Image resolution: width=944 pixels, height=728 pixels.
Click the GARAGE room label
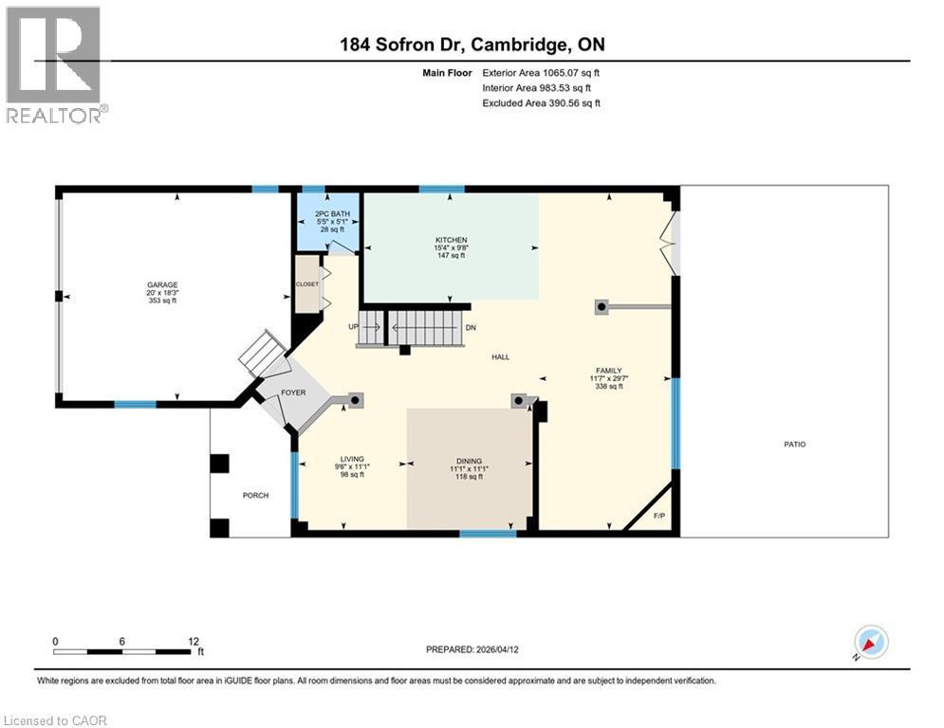tap(162, 284)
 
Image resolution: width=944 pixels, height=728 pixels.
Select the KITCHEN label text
tap(451, 240)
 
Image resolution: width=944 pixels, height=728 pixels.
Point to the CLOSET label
tap(306, 283)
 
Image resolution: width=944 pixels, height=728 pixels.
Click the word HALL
tap(500, 356)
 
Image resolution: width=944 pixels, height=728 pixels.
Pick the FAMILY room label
tap(608, 371)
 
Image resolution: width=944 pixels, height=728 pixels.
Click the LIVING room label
tap(352, 459)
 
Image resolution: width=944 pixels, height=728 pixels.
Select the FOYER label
tap(293, 391)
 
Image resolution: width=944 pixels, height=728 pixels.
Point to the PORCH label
tap(255, 496)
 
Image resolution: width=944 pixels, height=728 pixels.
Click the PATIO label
tap(794, 444)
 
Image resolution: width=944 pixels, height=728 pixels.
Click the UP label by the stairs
tap(354, 326)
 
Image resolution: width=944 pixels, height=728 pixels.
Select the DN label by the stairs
tap(470, 327)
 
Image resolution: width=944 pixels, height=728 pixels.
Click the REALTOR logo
tap(55, 64)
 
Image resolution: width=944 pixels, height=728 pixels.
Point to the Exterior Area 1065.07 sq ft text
tap(541, 72)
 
